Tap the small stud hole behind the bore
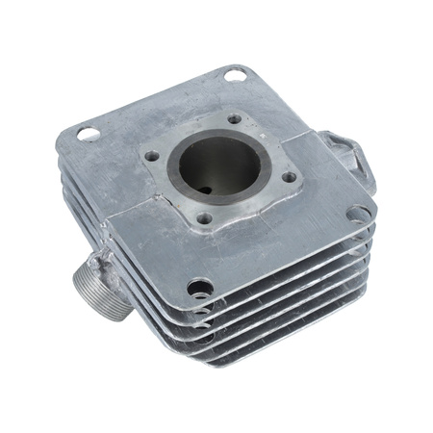[234, 120]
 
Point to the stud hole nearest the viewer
[203, 218]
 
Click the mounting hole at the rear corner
[234, 73]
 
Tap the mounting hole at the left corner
[88, 134]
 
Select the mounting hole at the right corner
[357, 214]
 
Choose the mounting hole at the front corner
[199, 286]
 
